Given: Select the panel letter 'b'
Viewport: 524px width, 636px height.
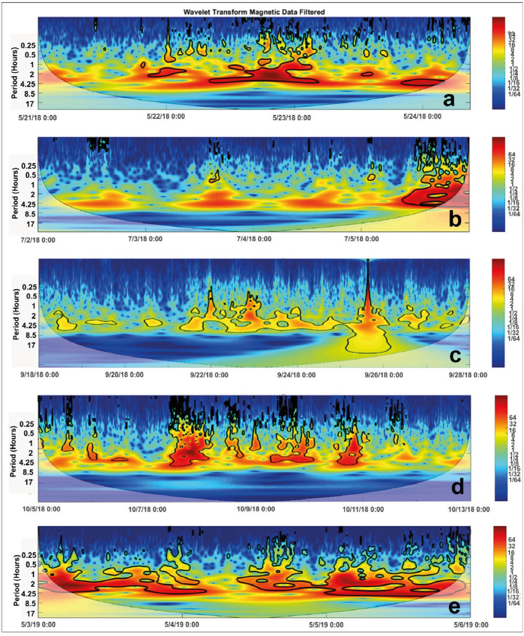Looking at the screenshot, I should (x=454, y=219).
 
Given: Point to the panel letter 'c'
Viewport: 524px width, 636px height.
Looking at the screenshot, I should (x=454, y=355).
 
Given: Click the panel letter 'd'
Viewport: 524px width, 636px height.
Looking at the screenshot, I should (x=457, y=486).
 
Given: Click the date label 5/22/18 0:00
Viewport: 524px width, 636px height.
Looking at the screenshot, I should (x=165, y=116).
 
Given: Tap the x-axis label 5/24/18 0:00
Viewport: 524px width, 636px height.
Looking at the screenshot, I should (x=422, y=116).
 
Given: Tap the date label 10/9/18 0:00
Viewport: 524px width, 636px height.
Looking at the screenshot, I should (x=256, y=509).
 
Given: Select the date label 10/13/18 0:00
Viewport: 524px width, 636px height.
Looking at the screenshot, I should (x=469, y=509).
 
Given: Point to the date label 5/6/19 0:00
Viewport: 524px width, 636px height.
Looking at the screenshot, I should (x=468, y=625).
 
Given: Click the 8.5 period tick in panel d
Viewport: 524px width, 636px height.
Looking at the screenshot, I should (x=28, y=472).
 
